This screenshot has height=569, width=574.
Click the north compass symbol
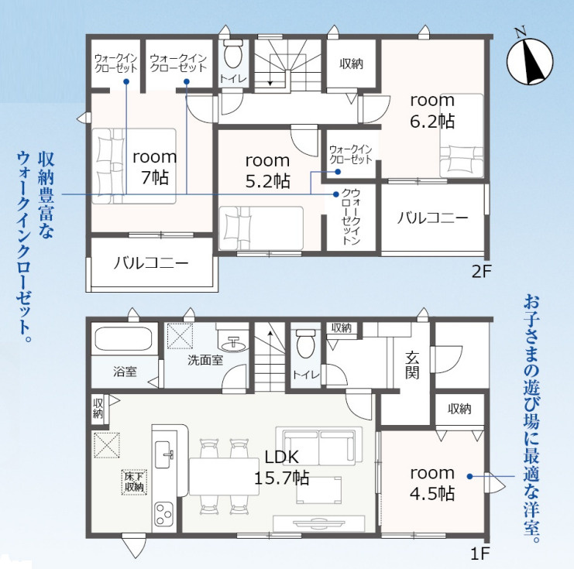(x=530, y=60)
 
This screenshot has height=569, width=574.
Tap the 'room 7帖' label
(x=154, y=167)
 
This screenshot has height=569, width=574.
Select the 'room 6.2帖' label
(x=432, y=111)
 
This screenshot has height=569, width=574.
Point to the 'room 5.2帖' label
(x=267, y=170)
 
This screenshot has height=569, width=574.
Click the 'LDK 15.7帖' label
(x=281, y=468)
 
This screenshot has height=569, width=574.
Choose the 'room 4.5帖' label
(x=432, y=483)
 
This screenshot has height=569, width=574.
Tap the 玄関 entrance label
(x=412, y=365)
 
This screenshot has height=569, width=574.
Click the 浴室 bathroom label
(x=125, y=372)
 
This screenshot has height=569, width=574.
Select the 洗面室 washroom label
(x=205, y=360)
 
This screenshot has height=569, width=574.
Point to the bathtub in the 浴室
(x=123, y=339)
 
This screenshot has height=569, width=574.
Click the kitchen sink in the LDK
(x=163, y=454)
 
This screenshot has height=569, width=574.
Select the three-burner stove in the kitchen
(x=163, y=514)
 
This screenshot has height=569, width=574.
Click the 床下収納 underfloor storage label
(x=134, y=482)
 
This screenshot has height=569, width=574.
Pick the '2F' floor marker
(x=480, y=272)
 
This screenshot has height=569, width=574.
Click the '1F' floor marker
(x=479, y=554)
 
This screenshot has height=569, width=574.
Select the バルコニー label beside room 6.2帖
(x=432, y=218)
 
